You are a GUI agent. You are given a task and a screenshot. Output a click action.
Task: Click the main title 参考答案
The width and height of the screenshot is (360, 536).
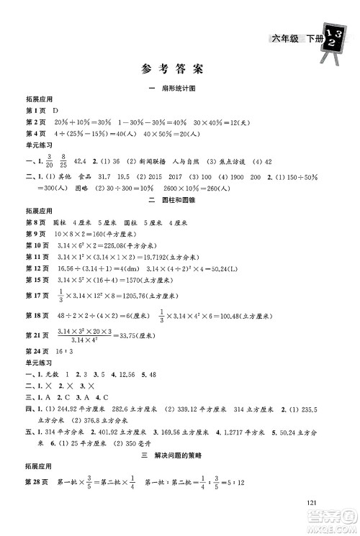pos(179,70)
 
